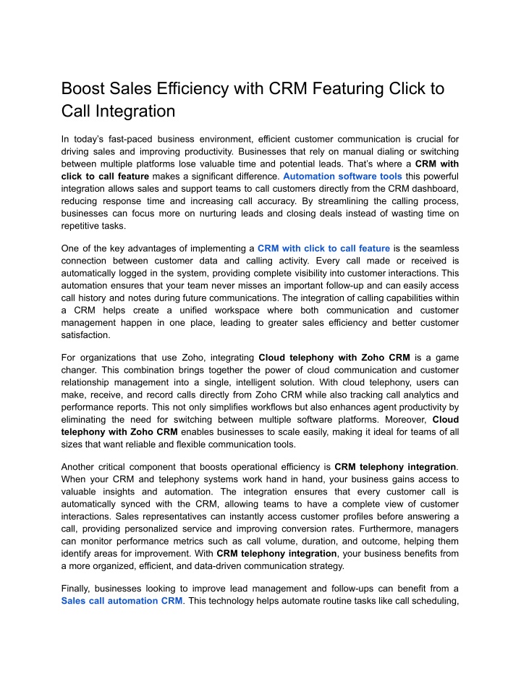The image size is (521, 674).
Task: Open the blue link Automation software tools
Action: click(x=342, y=176)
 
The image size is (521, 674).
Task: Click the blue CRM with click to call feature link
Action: click(x=323, y=248)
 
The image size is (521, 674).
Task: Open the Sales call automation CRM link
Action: click(x=122, y=600)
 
